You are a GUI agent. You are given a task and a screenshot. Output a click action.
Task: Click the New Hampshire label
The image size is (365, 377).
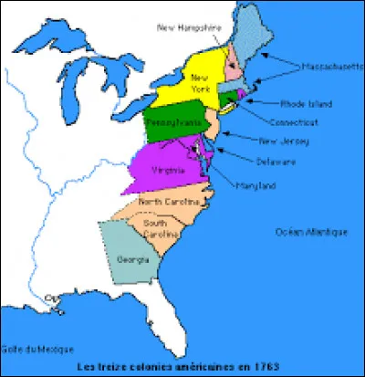pyautogui.click(x=191, y=28)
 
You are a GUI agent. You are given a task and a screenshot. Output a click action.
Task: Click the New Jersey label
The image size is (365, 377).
pyautogui.click(x=285, y=141)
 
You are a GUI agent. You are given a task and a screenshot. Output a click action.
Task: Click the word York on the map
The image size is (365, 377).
pyautogui.click(x=200, y=89)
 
